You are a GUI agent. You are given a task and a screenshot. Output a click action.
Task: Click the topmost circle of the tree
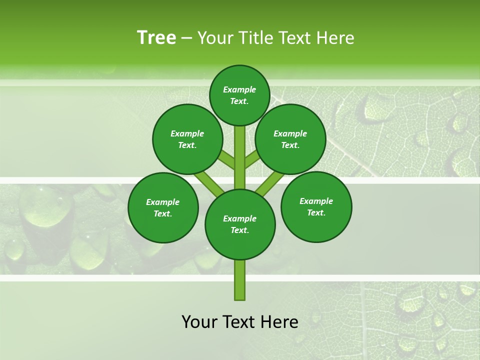pos(239,95)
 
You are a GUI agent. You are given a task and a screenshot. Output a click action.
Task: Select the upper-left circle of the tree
pos(187,139)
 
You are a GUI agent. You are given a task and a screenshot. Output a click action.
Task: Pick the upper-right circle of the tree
pos(290,139)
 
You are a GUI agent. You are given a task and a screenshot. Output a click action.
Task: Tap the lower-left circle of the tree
pos(163,207)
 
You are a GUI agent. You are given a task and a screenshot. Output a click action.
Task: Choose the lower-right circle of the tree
pos(316,206)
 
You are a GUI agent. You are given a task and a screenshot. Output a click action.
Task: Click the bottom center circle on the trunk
pos(240,224)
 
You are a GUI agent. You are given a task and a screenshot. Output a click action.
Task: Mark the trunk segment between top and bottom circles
pos(240,157)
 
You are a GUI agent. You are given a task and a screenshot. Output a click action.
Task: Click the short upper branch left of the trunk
pos(226,160)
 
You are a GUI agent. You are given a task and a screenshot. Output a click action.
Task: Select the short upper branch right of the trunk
pos(252,160)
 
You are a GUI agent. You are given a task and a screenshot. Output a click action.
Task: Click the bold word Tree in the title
pos(156,37)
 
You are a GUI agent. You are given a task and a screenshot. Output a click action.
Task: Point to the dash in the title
pos(186,38)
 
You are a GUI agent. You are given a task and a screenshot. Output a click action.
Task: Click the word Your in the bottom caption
pos(199,322)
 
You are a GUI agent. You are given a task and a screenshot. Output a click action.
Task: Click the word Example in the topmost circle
pos(239,89)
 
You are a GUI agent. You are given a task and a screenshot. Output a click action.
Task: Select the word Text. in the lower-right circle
pos(316,212)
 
